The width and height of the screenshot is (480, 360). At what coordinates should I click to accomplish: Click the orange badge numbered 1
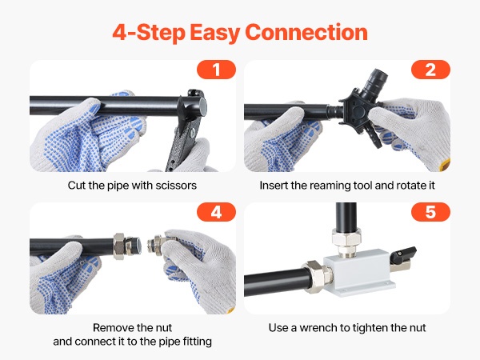point(216,70)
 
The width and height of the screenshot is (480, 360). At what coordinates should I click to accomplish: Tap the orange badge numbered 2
point(430,70)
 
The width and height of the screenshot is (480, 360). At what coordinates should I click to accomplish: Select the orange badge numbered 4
point(216,212)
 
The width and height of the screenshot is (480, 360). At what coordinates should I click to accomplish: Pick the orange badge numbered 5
point(430,212)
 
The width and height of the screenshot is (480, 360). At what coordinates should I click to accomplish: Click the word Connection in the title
point(306,32)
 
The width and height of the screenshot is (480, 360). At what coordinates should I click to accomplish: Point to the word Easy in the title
point(214,33)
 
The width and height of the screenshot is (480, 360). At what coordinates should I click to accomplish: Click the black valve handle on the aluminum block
point(405,254)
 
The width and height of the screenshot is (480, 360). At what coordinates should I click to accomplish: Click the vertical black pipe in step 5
point(346,217)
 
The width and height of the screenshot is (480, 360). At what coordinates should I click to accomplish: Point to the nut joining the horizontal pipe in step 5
point(317,277)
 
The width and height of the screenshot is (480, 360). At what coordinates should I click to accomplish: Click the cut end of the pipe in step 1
point(202,106)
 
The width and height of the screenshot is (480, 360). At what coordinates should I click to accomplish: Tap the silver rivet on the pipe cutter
point(193,132)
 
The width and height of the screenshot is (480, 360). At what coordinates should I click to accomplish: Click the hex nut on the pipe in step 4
point(119,246)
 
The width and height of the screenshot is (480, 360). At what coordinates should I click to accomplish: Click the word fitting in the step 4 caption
point(198,342)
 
